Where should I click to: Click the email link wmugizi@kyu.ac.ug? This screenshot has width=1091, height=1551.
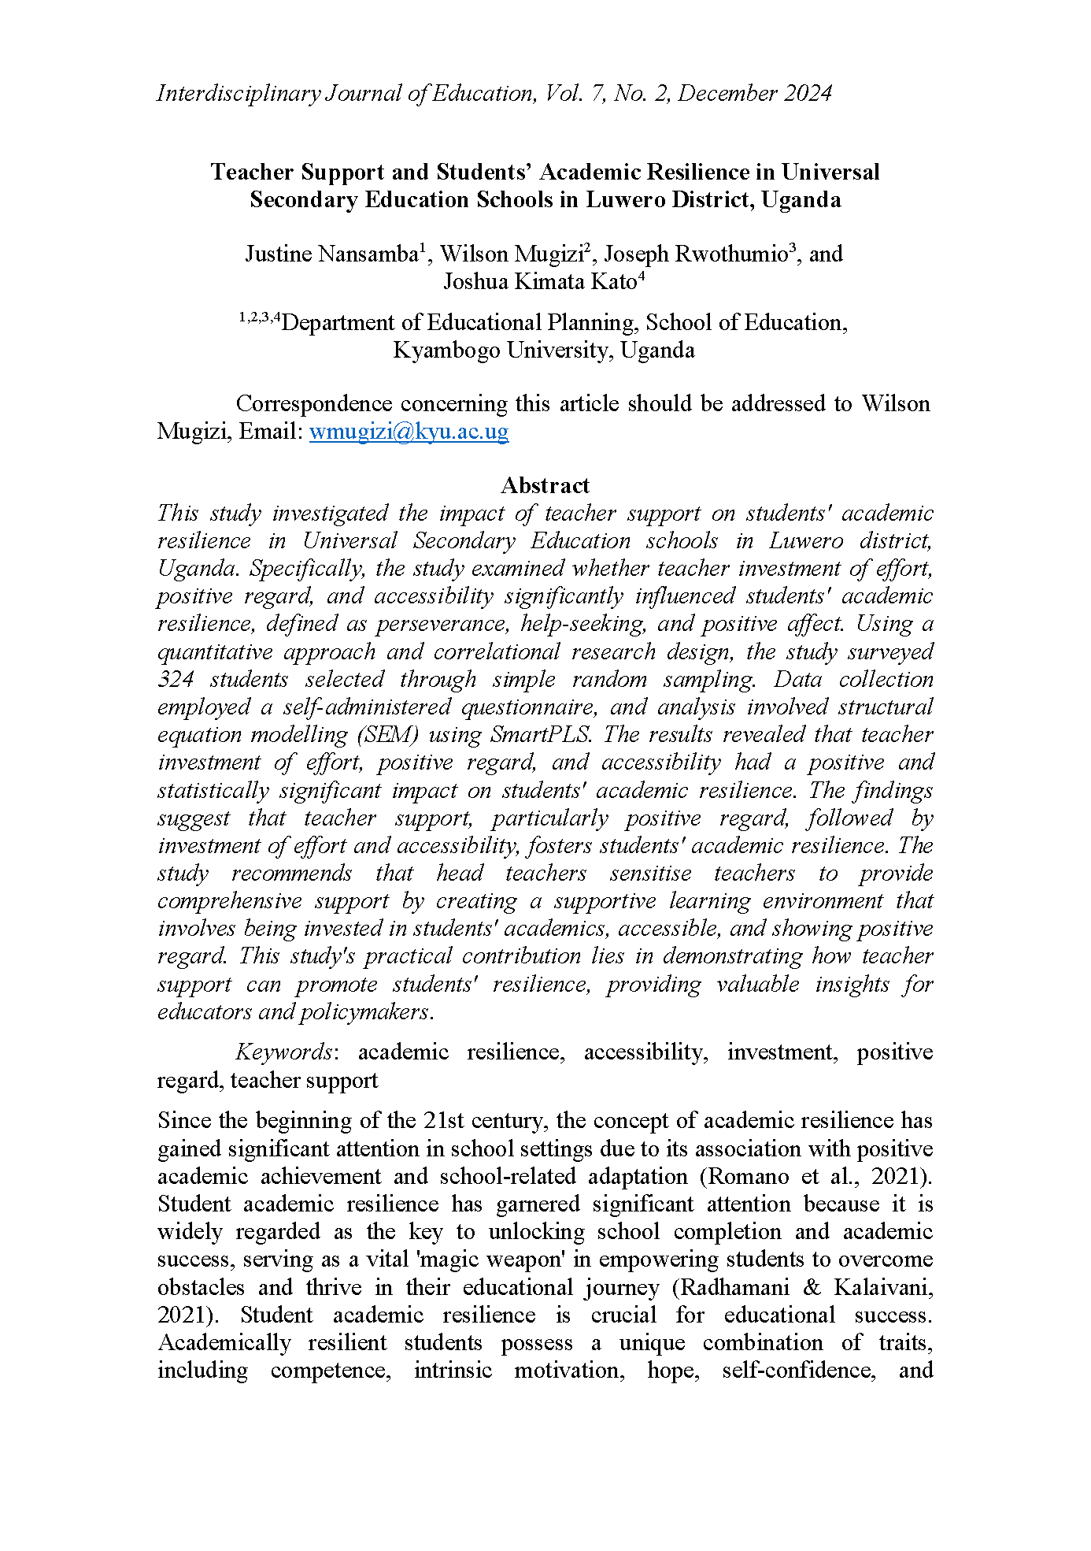[409, 432]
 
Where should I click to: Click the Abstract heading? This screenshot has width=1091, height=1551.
[545, 485]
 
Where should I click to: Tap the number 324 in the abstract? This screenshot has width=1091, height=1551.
[176, 680]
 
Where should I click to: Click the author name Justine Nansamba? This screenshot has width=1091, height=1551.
[331, 254]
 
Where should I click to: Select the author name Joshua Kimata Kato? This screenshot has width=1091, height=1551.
[540, 282]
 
